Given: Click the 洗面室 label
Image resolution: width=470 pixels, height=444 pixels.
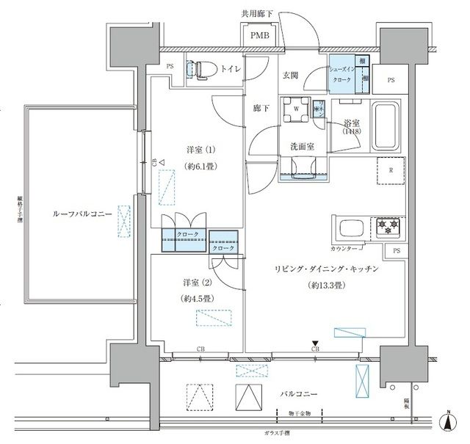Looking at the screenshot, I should click(301, 146).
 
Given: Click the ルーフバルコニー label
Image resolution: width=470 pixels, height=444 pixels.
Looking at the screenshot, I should click(82, 214).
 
